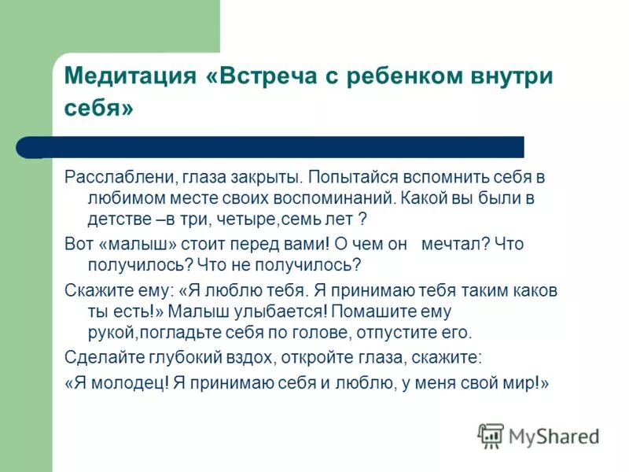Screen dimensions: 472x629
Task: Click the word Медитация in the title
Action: [129, 77]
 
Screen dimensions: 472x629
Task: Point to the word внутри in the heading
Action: [514, 77]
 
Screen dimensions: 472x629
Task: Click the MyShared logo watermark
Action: [539, 435]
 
